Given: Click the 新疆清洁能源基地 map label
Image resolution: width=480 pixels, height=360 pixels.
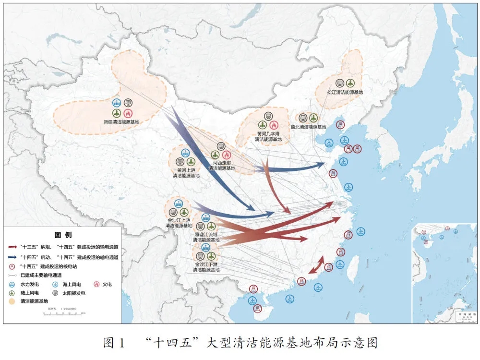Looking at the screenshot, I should point(122,122).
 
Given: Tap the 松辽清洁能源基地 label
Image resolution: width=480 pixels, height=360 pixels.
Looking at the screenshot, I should point(345,92).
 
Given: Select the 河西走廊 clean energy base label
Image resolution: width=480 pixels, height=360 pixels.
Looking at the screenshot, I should point(222,165).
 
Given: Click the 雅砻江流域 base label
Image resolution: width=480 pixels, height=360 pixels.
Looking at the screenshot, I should point(206,237).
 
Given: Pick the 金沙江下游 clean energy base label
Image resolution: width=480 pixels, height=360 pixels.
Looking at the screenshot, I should point(206,267).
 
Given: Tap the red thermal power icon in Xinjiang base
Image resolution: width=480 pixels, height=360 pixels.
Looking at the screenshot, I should point(128,113).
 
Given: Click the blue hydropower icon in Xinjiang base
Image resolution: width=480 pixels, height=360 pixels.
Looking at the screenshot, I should point(117,102).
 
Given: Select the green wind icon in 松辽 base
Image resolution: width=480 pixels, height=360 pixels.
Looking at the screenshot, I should point(350,83).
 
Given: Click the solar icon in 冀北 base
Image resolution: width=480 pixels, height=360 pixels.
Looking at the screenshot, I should point(303,118).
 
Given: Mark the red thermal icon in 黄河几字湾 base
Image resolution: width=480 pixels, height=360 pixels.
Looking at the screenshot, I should point(274,125).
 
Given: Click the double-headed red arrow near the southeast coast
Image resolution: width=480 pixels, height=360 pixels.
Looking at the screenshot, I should point(315,265).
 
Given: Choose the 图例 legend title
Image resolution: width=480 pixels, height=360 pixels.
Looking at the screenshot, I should point(63,235).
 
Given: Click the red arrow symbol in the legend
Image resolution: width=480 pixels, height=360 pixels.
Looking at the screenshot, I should point(13,247).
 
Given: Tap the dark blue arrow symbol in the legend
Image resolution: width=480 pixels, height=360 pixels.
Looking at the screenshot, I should point(13,257).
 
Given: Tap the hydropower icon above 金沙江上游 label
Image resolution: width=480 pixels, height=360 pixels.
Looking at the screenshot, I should point(178,204).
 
